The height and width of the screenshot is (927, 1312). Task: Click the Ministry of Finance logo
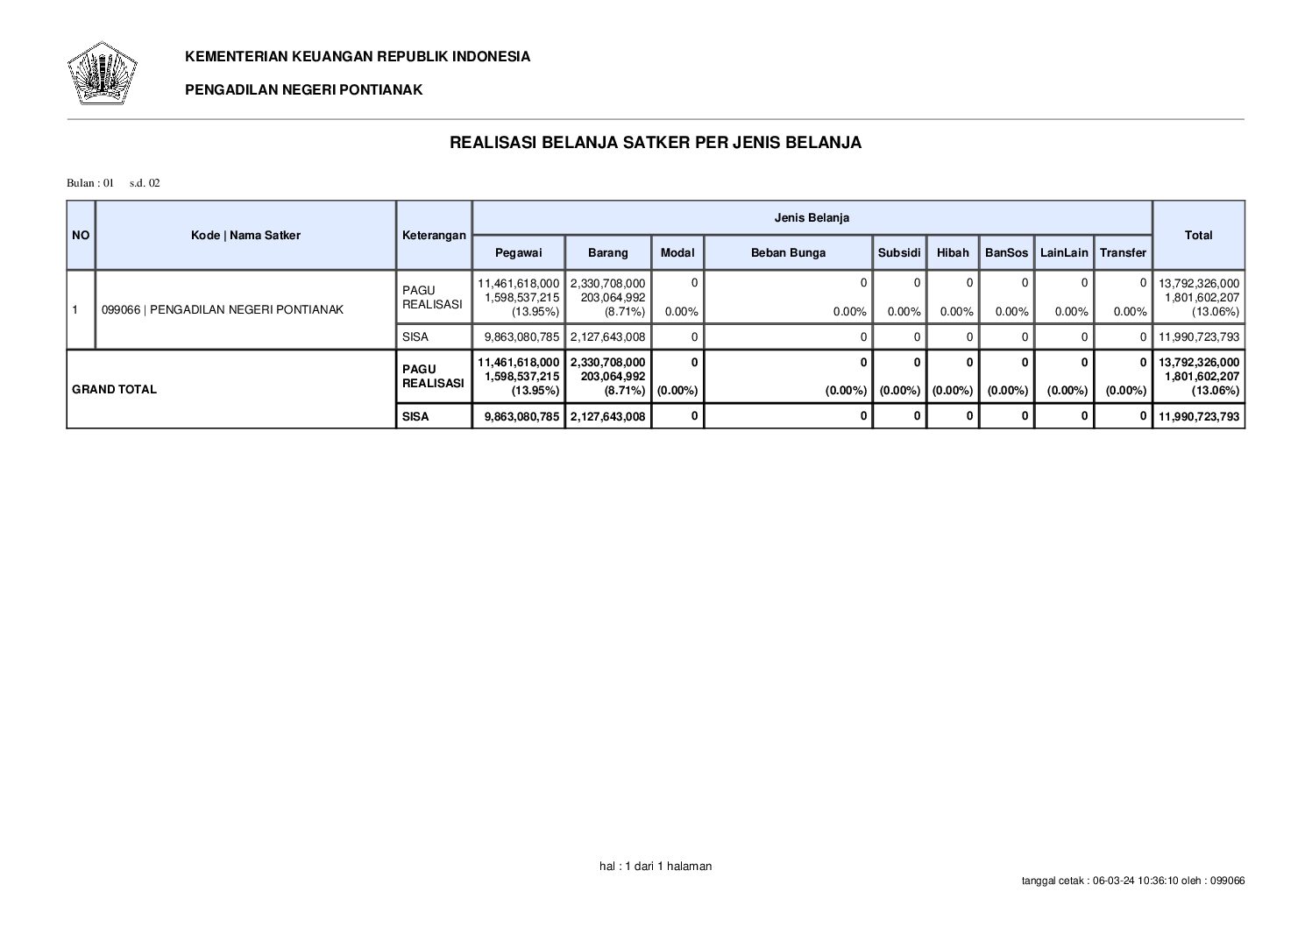pos(102,73)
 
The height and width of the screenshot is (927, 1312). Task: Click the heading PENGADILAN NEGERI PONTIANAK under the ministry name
pos(303,89)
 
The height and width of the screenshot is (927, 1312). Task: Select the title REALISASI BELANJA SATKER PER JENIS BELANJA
pos(655,143)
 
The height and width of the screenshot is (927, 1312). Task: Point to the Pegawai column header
pos(518,252)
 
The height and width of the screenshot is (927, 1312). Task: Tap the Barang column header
pos(607,252)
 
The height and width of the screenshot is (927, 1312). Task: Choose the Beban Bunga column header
pos(788,252)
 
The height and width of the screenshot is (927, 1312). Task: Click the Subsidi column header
pos(899,252)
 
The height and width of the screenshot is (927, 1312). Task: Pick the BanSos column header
pos(1006,252)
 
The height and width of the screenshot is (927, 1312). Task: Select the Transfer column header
pos(1123,252)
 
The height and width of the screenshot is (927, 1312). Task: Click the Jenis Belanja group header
pos(812,217)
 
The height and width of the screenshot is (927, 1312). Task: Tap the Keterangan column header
pos(434,235)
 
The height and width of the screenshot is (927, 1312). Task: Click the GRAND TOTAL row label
pos(115,389)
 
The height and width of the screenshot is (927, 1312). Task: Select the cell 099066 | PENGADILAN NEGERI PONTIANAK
pos(223,309)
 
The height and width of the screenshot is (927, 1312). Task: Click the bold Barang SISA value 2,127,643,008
pos(607,416)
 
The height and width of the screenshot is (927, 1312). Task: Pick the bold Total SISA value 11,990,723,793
pos(1199,416)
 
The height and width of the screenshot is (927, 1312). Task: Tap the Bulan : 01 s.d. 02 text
pos(114,183)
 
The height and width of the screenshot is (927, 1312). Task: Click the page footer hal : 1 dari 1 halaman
pos(656,866)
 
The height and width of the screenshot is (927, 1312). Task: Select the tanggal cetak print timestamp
pos(1133,881)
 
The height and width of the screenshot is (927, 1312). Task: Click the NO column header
pos(81,235)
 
